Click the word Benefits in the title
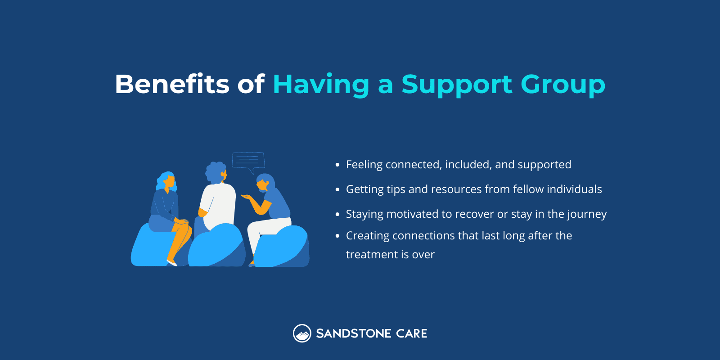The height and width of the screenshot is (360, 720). [x=172, y=84]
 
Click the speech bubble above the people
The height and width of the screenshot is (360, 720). [x=248, y=161]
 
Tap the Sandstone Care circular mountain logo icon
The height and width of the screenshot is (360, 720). [x=302, y=333]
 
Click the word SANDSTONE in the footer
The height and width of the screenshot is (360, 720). [x=354, y=333]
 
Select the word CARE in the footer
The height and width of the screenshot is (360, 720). [x=412, y=333]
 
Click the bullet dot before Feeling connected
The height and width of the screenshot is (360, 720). [x=337, y=165]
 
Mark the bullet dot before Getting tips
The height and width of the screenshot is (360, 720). [x=337, y=190]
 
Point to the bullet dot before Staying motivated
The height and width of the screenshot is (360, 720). [x=337, y=215]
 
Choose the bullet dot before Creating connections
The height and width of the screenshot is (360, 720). [x=337, y=236]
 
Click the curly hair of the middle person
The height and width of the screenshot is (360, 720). [x=215, y=171]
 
